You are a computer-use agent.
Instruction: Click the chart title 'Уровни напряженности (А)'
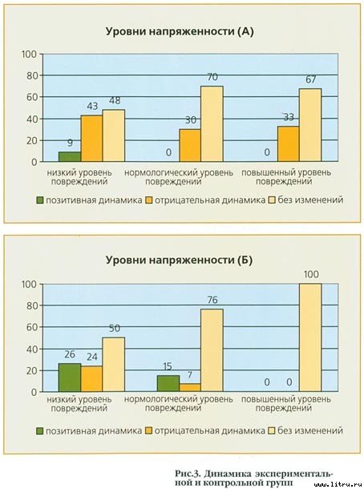pos(180,31)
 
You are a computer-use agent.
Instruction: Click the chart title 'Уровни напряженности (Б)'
pos(180,261)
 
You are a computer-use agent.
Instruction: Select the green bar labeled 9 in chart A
pos(70,156)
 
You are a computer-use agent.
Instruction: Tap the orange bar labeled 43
pos(91,139)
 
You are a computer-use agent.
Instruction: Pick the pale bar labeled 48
pos(114,135)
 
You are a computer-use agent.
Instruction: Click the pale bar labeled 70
pos(212,124)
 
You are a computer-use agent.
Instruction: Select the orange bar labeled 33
pos(288,143)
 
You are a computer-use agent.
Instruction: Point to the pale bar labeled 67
pos(310,125)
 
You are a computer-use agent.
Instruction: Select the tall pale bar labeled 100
pos(310,337)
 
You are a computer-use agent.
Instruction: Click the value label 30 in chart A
pos(189,120)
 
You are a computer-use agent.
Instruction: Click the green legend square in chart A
pos(40,200)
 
